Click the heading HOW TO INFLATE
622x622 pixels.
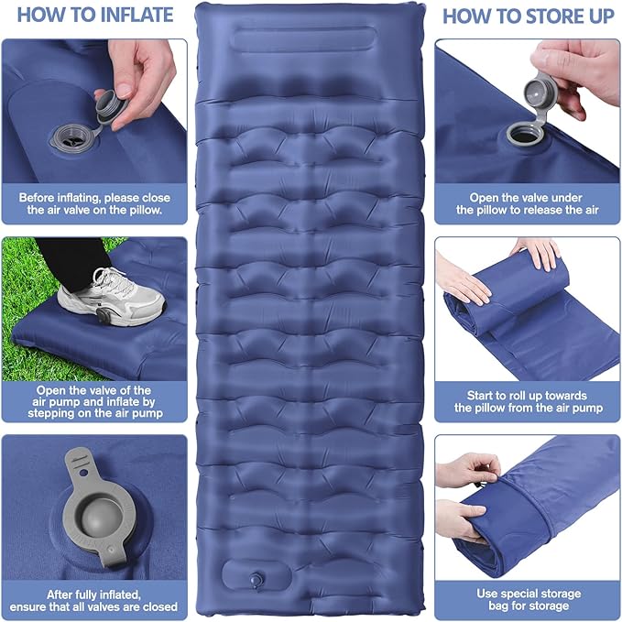point(94,15)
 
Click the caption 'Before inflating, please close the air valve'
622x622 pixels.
point(94,203)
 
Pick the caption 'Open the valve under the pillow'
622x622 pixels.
point(527,203)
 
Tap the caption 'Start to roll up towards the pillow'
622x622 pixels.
point(527,401)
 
